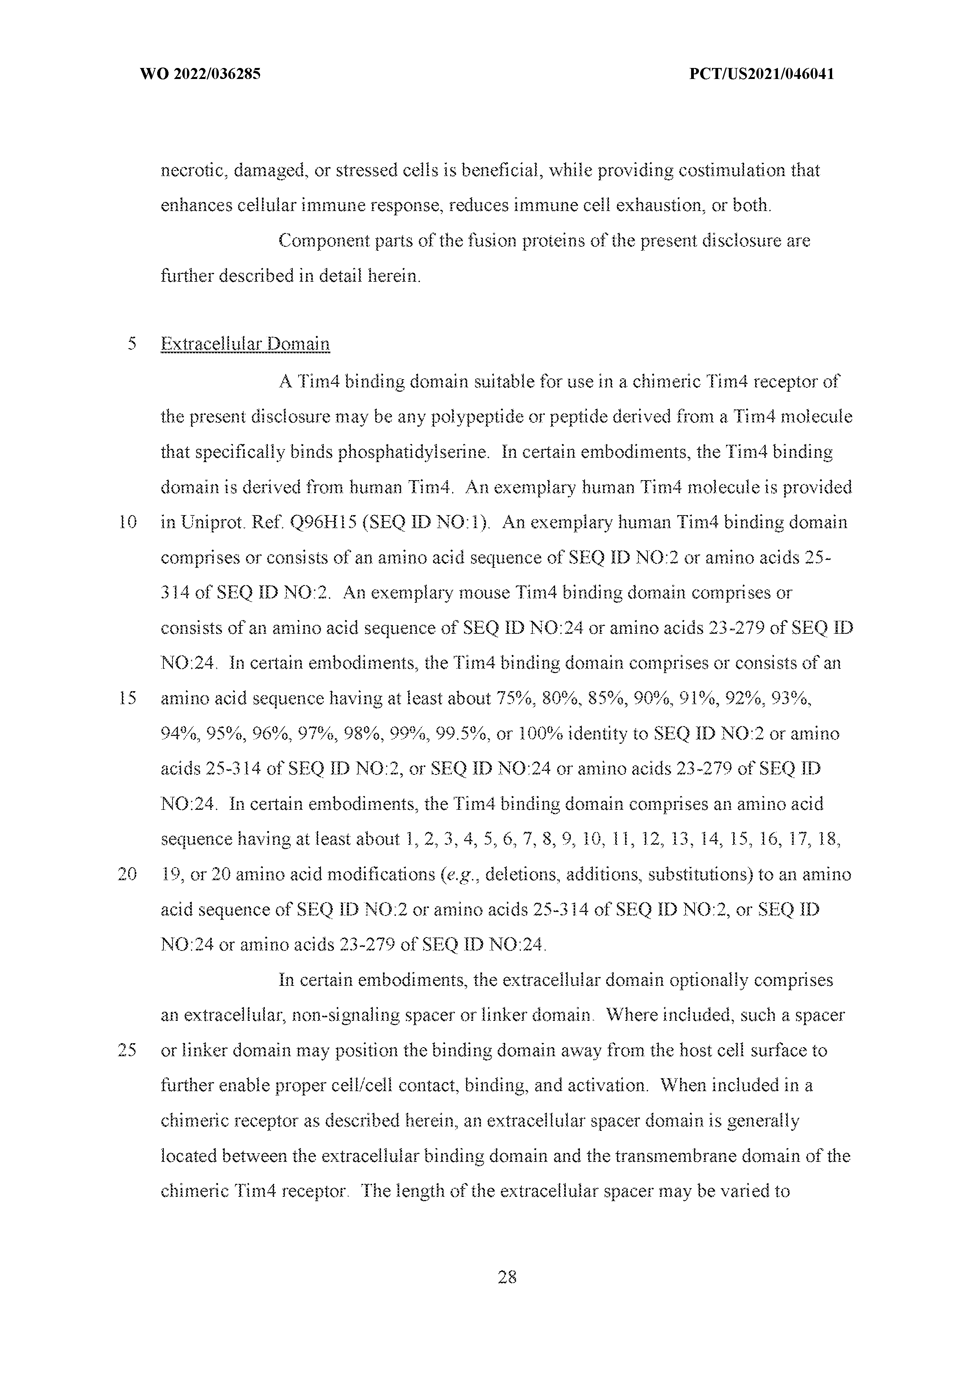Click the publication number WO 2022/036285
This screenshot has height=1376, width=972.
[200, 74]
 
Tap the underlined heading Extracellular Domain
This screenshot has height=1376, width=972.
[245, 345]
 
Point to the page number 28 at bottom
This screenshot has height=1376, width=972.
[507, 1277]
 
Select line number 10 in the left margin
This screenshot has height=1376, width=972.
[128, 523]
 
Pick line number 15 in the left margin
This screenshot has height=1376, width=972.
[128, 699]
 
